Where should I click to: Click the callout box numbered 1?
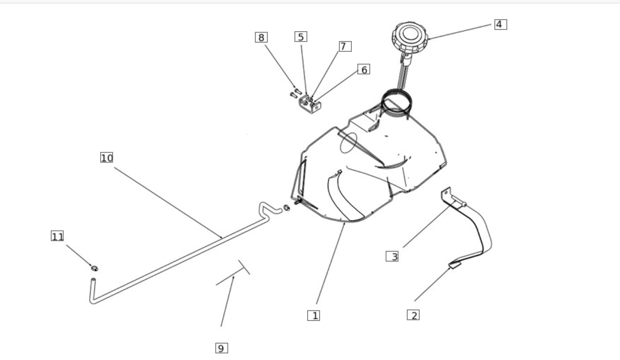[x=314, y=315]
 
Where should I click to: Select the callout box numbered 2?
[x=413, y=315]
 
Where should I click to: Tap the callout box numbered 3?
[x=392, y=256]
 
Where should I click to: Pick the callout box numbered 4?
[x=501, y=24]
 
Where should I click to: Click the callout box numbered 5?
[x=301, y=36]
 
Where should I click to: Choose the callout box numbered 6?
[x=364, y=69]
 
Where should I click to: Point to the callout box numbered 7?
[x=345, y=46]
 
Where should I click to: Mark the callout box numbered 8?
[x=261, y=37]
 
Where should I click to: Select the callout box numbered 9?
[x=222, y=348]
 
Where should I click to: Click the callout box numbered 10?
[x=106, y=157]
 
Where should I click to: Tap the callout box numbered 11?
[x=57, y=236]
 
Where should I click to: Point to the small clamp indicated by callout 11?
[x=95, y=268]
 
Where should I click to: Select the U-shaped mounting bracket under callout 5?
[x=310, y=104]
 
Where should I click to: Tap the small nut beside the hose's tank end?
[x=287, y=208]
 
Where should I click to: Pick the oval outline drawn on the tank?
[x=348, y=143]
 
